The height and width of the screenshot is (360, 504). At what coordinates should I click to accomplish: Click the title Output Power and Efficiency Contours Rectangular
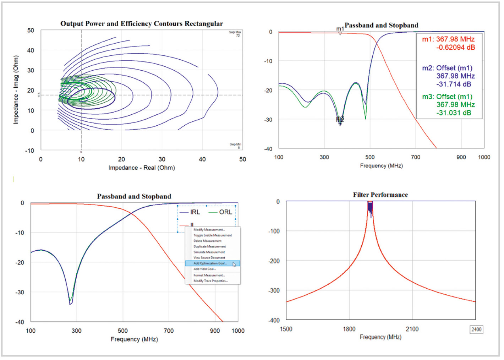[142, 24]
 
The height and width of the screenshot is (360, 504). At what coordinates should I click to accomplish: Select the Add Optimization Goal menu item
[210, 263]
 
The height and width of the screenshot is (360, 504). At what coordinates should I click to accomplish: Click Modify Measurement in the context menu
[209, 230]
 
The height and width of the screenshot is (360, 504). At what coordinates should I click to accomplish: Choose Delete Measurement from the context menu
[207, 241]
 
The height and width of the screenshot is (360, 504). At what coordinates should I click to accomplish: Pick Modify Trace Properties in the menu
[210, 281]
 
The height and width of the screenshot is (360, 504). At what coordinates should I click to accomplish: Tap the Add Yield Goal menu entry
[204, 269]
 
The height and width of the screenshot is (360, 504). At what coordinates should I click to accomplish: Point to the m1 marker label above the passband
[340, 29]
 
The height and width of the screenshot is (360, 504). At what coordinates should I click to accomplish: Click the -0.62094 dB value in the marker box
[455, 48]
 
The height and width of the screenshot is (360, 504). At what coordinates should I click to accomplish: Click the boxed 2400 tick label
[476, 329]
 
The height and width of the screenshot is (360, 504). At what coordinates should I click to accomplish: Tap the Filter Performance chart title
[380, 195]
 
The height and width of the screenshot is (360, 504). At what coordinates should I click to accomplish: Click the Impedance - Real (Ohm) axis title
[142, 168]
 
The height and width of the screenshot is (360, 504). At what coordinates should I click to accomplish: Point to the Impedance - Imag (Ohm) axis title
[16, 90]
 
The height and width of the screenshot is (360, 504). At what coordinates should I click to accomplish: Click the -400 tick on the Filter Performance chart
[274, 320]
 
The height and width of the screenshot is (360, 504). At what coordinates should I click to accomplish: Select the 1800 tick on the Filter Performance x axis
[349, 329]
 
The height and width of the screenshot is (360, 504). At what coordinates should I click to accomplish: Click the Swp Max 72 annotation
[235, 34]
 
